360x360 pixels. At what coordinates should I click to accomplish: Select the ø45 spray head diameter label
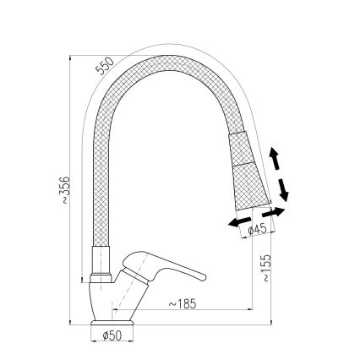point(259,229)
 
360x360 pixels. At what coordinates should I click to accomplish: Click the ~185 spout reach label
point(183,303)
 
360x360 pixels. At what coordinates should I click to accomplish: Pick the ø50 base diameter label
point(112,336)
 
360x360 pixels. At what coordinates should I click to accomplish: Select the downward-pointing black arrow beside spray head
point(283,188)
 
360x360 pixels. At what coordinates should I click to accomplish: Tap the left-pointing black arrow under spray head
point(237,221)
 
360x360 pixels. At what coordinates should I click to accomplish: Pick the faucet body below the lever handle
point(114,300)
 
